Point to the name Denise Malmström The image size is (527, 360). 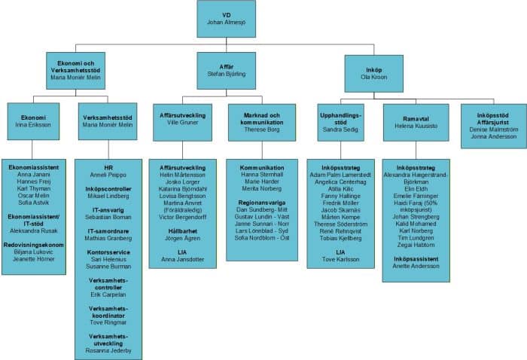[x=493, y=129]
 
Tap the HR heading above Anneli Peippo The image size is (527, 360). [x=108, y=166]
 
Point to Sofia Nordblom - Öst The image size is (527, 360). [x=261, y=237]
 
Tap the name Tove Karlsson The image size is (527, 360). [x=341, y=260]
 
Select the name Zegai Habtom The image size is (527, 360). [x=416, y=245]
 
